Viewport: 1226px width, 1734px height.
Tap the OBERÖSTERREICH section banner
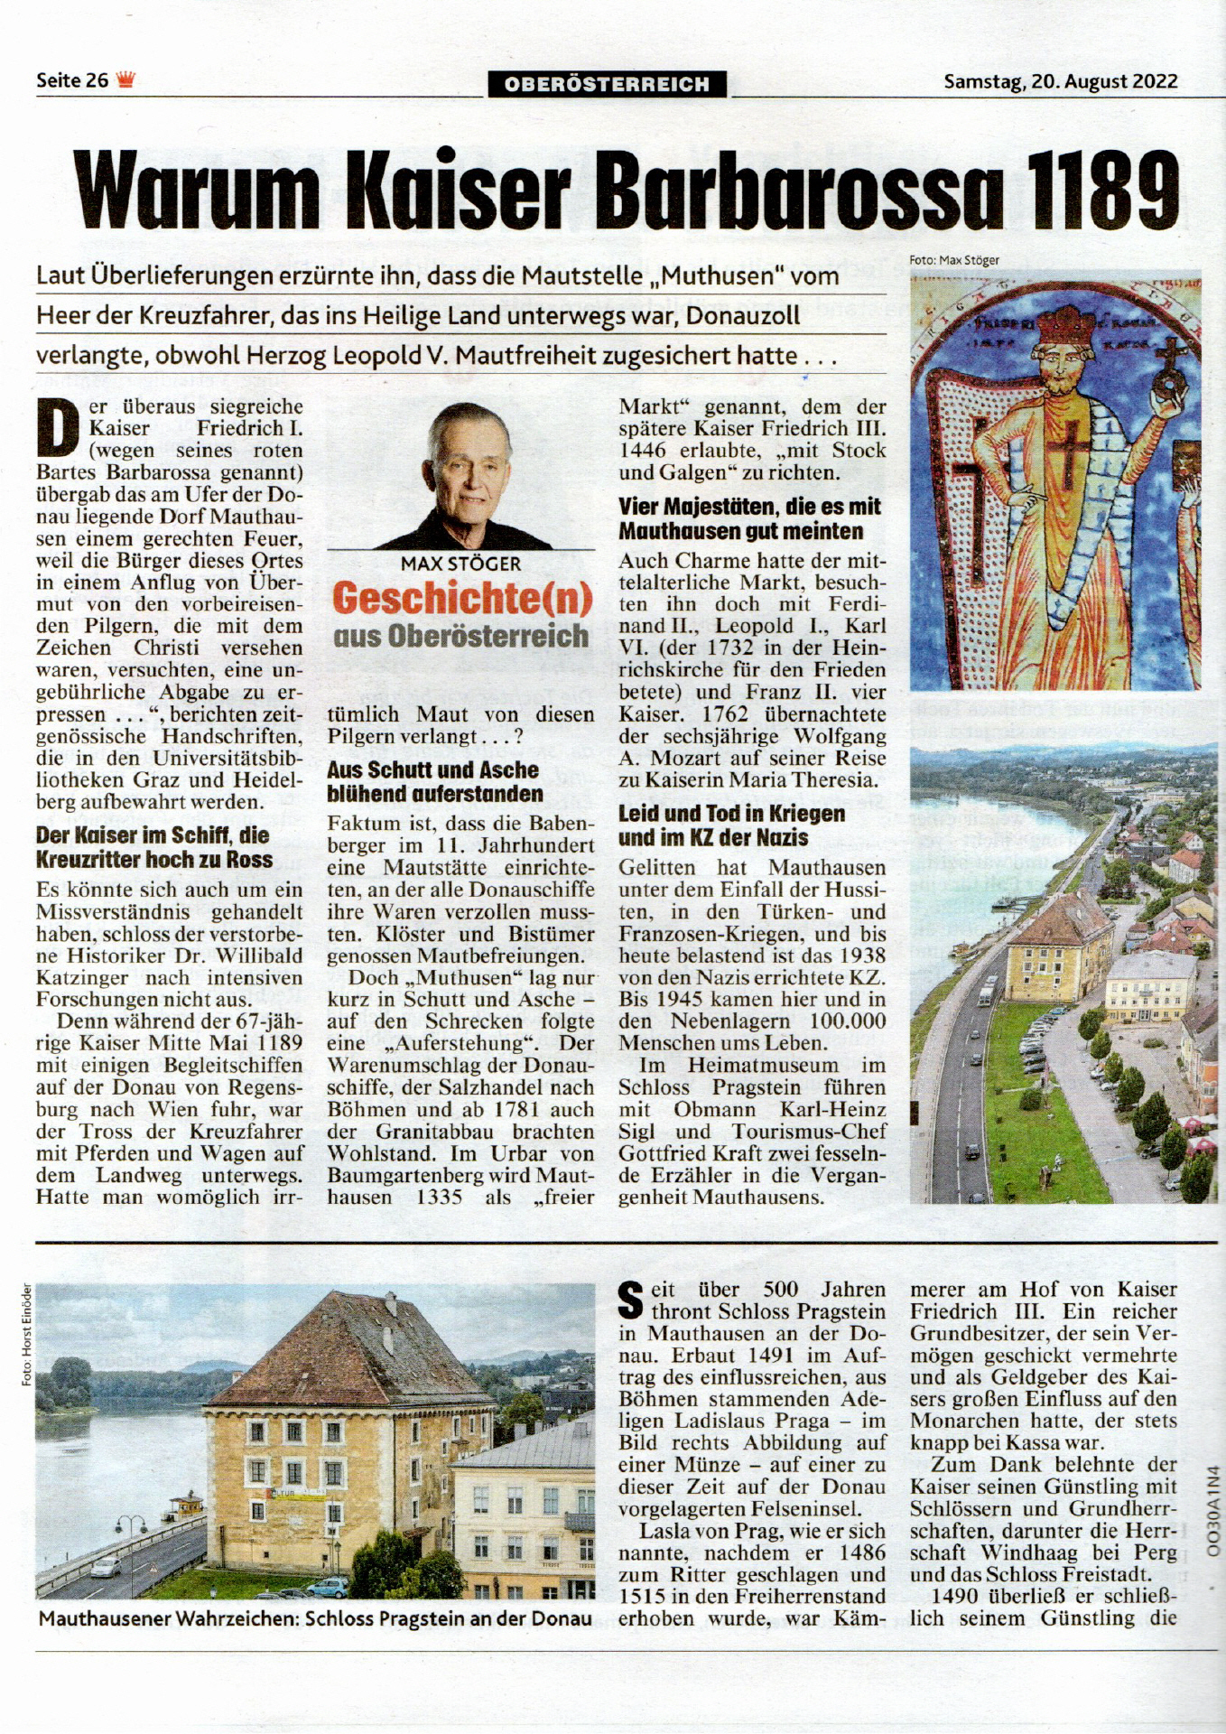pyautogui.click(x=608, y=84)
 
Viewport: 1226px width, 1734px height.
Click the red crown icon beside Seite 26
pyautogui.click(x=125, y=80)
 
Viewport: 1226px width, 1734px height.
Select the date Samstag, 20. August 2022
pyautogui.click(x=1060, y=81)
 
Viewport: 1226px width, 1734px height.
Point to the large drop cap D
pyautogui.click(x=58, y=428)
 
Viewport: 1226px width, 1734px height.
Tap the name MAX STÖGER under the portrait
pyautogui.click(x=460, y=564)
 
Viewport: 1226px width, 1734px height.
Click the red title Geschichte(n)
pyautogui.click(x=462, y=599)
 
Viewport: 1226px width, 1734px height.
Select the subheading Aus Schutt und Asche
pyautogui.click(x=432, y=770)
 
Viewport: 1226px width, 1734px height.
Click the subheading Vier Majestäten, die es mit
pyautogui.click(x=749, y=507)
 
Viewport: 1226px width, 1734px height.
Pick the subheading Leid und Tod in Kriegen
pyautogui.click(x=731, y=814)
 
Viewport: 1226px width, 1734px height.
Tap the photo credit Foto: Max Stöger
pyautogui.click(x=954, y=260)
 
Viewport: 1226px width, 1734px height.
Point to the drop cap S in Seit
pyautogui.click(x=630, y=1299)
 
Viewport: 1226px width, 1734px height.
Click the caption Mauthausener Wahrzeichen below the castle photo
pyautogui.click(x=168, y=1618)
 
